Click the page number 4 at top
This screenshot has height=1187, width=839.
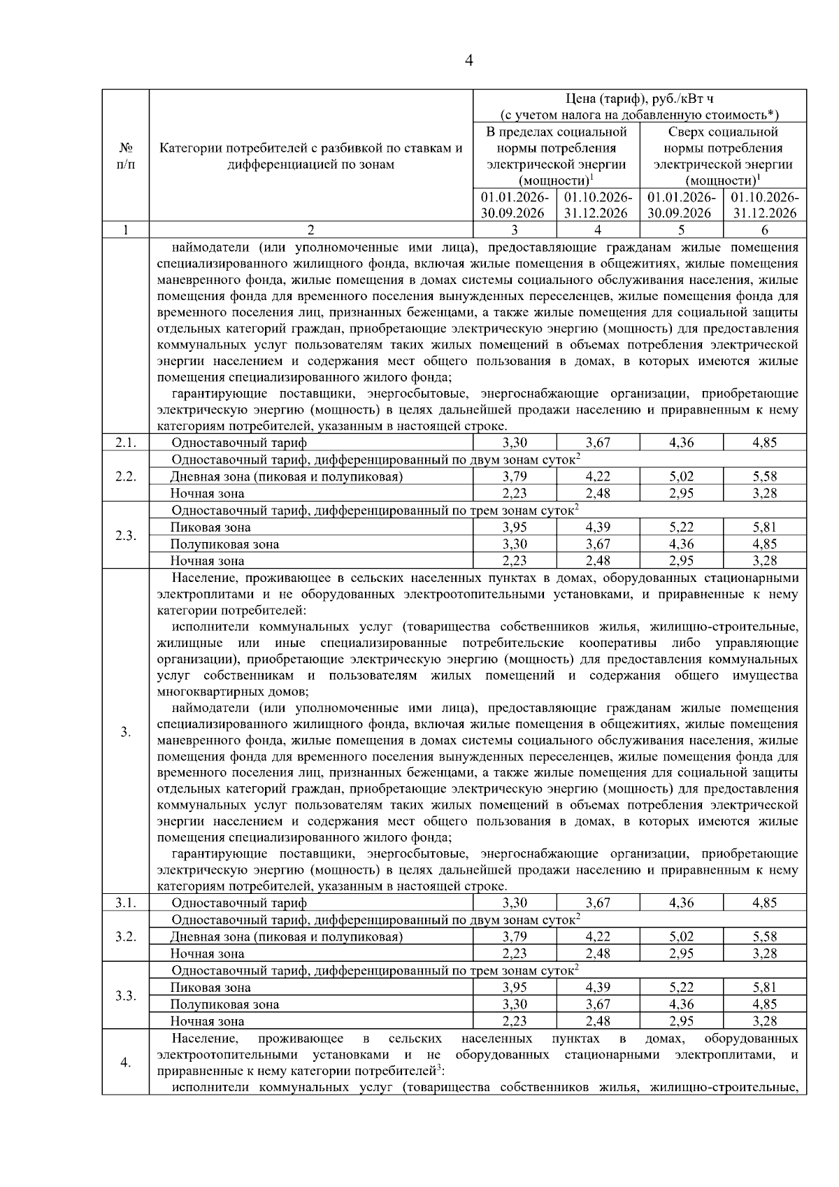click(x=468, y=61)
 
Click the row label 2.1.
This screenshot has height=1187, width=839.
click(x=125, y=443)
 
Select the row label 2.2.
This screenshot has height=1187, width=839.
click(x=125, y=476)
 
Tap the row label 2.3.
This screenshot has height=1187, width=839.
click(x=125, y=536)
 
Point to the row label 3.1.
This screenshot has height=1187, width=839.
click(x=125, y=903)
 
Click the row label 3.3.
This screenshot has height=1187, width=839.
click(x=125, y=996)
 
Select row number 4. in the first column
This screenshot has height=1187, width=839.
click(x=125, y=1063)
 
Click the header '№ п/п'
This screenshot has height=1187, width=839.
click(x=125, y=156)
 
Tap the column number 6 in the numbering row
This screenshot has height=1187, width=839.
click(x=764, y=230)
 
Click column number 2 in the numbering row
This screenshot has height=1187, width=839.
click(x=311, y=230)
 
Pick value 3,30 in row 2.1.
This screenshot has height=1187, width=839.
click(x=515, y=443)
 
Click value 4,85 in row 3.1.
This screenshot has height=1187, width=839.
click(x=764, y=903)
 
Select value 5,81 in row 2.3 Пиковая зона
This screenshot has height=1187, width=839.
click(x=764, y=527)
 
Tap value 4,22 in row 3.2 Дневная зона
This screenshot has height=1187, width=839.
click(x=598, y=937)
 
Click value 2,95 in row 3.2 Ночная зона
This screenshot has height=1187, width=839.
click(x=681, y=953)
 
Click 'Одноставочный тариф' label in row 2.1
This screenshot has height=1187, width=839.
click(x=239, y=443)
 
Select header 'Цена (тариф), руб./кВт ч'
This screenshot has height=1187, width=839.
click(x=640, y=99)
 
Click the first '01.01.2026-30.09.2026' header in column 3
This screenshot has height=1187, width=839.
click(x=515, y=205)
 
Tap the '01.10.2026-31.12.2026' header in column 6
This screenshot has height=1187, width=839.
click(x=764, y=205)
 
